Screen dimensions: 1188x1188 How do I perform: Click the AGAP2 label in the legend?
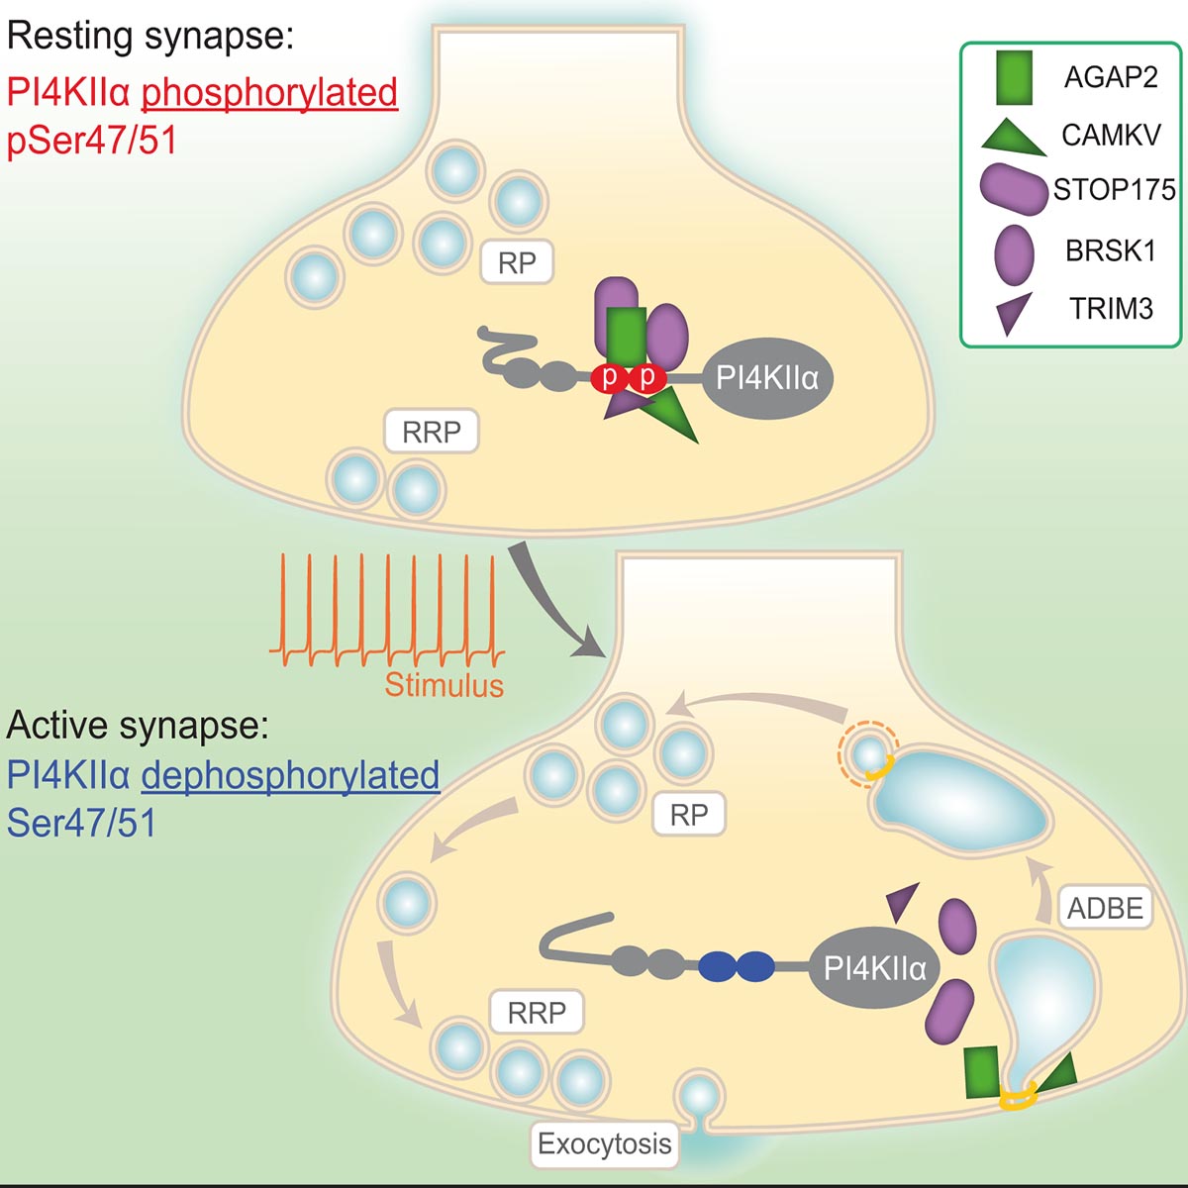(x=1111, y=77)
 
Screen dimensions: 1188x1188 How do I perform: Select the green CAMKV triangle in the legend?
(x=1013, y=139)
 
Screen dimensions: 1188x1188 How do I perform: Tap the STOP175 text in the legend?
(x=1115, y=189)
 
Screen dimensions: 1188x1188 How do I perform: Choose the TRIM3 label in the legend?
(x=1111, y=308)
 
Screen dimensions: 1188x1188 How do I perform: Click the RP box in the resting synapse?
(x=517, y=262)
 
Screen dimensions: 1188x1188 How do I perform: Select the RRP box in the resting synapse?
(x=432, y=432)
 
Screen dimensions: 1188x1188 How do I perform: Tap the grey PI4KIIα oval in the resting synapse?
(x=767, y=378)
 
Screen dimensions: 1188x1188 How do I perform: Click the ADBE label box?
(x=1106, y=908)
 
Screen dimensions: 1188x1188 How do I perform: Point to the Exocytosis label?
(x=605, y=1143)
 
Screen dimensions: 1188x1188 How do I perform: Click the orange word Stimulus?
(x=444, y=684)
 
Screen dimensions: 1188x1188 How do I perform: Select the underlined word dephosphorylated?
(x=290, y=775)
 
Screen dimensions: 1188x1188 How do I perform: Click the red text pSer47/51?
(x=92, y=140)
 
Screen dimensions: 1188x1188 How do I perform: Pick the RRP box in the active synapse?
(x=537, y=1012)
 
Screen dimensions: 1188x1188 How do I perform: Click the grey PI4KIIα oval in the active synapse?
(x=875, y=968)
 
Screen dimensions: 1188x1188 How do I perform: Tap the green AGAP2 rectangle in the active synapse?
(x=981, y=1071)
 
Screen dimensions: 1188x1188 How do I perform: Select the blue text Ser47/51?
(x=81, y=822)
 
